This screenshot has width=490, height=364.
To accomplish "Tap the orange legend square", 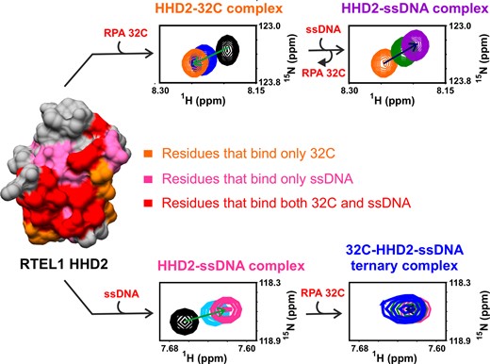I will click(151, 152).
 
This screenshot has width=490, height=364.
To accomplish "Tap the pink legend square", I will click(151, 178).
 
